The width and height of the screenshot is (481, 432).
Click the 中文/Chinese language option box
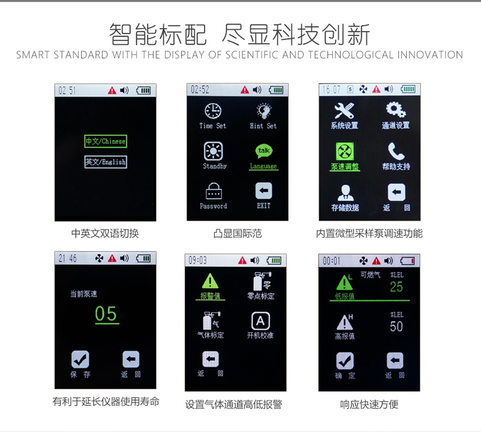tap(106, 141)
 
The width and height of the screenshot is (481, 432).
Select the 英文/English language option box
tap(106, 162)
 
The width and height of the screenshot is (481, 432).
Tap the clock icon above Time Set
tap(213, 111)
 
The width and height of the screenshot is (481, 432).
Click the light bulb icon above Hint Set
tap(264, 111)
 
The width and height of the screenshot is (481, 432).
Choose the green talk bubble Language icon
tap(264, 151)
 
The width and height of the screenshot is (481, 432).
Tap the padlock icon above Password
tap(214, 191)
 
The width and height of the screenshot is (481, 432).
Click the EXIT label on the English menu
tap(264, 206)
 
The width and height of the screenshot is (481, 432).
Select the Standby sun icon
tap(213, 151)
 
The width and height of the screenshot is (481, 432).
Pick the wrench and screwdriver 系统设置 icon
tap(344, 110)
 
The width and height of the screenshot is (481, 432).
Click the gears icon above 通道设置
tap(396, 109)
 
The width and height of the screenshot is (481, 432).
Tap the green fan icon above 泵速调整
tap(345, 151)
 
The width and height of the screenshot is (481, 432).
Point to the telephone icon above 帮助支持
tap(396, 151)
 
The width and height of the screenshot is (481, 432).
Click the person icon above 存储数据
tap(346, 193)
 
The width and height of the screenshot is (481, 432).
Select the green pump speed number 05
tap(106, 314)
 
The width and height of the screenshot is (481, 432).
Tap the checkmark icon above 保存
tap(81, 359)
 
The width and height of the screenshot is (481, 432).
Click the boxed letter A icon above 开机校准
tap(260, 321)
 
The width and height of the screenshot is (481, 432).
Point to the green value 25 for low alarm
tap(396, 287)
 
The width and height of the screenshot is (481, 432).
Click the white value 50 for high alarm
tap(396, 326)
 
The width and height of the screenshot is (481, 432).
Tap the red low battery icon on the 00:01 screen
tap(408, 261)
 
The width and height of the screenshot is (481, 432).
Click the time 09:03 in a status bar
tap(198, 260)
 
